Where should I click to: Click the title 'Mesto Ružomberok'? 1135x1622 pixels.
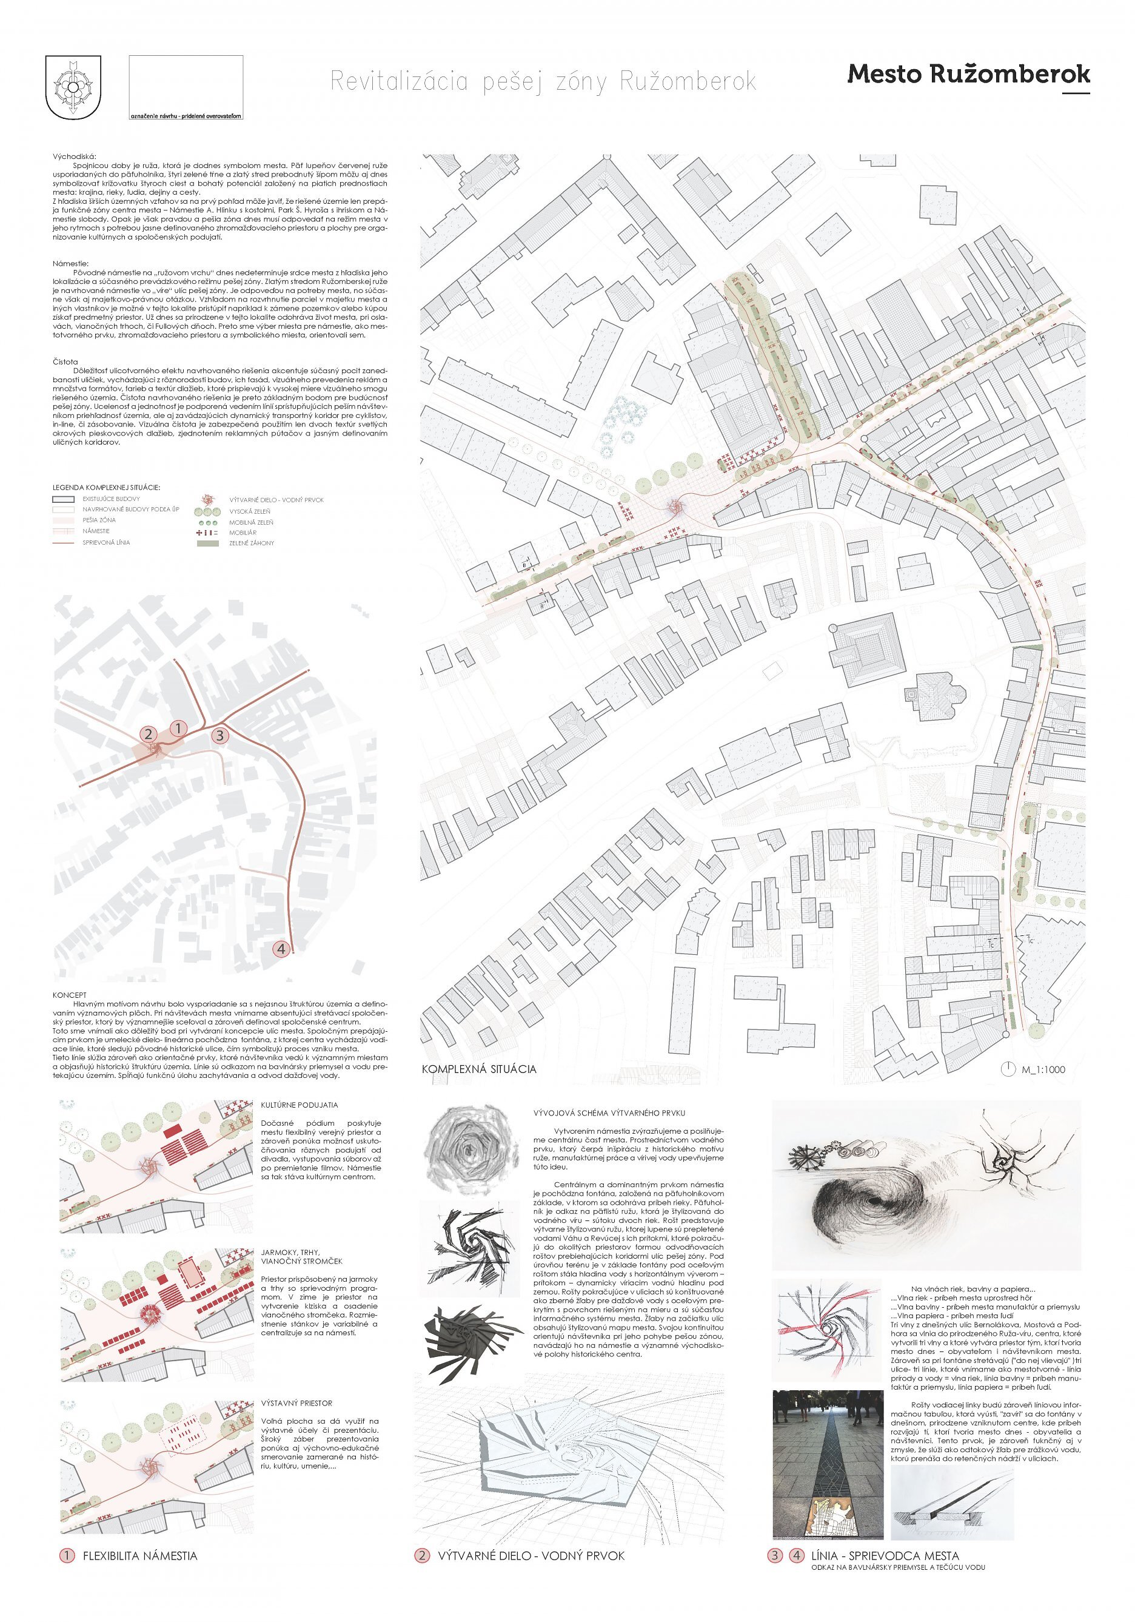[x=968, y=74]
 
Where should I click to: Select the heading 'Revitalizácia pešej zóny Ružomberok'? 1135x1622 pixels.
[x=543, y=82]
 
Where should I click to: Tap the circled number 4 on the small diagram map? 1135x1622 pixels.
[x=281, y=949]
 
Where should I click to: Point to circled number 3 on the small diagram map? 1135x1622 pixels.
[x=219, y=735]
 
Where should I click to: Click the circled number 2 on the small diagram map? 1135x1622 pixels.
[x=149, y=734]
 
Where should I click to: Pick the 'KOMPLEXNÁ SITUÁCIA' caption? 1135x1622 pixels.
[x=479, y=1069]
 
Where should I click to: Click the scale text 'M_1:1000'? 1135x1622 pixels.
[x=1043, y=1069]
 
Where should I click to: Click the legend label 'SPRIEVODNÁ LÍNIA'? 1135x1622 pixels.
[x=106, y=542]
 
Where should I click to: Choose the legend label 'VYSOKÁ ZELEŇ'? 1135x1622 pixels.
[x=250, y=511]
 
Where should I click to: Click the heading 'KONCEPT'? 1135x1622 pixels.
[x=69, y=995]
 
